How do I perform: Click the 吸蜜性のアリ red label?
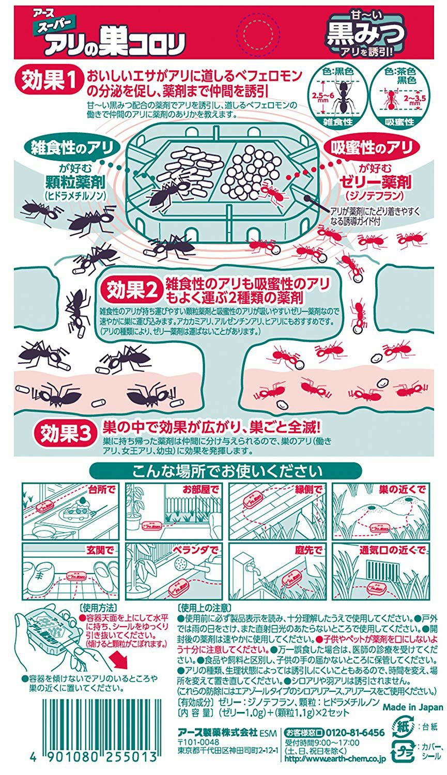[372, 148]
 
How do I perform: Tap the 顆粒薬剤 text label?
[75, 181]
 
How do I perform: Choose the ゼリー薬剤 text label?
[375, 182]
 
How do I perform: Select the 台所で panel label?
[102, 490]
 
